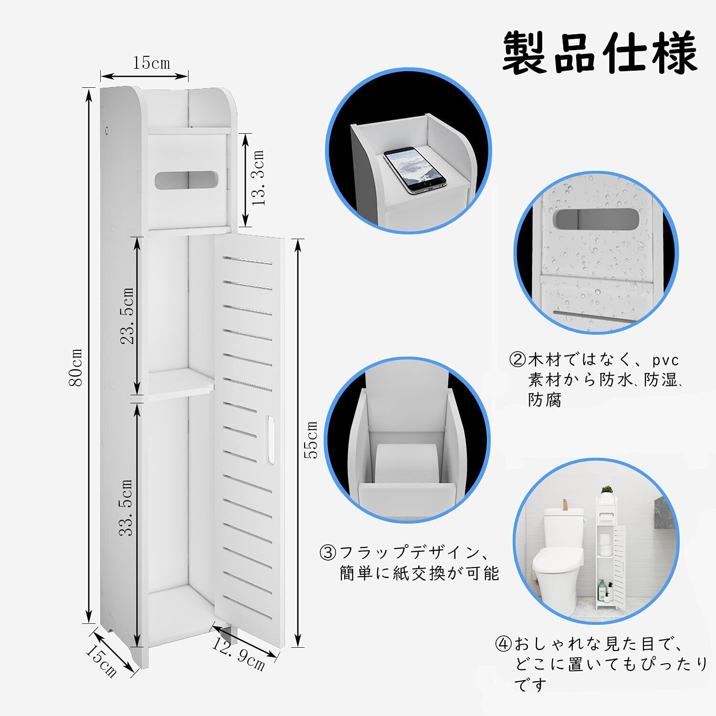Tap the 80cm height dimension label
(x=76, y=367)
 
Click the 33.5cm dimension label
(x=126, y=507)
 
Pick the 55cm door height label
(x=311, y=440)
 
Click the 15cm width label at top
(x=151, y=63)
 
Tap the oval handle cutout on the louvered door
(x=271, y=440)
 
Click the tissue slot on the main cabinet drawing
(x=186, y=180)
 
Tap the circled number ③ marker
(x=328, y=553)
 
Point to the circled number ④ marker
(x=504, y=644)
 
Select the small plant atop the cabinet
(x=607, y=491)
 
